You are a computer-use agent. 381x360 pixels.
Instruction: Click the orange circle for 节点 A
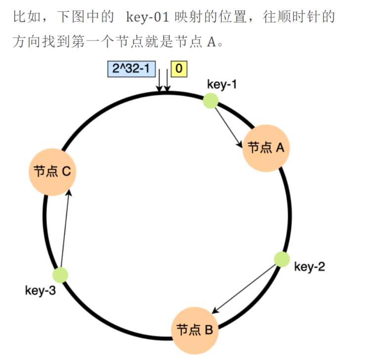click(265, 147)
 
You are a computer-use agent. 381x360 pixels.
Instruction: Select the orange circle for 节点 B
click(194, 330)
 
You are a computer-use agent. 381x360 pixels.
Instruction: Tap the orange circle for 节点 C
click(52, 172)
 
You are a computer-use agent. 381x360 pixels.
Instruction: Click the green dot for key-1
click(211, 101)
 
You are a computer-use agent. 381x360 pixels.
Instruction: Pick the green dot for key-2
click(282, 259)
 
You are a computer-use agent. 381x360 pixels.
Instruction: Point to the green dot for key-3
click(60, 275)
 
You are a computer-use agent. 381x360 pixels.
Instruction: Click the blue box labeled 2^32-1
click(130, 69)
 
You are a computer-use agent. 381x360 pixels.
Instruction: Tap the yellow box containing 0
click(178, 69)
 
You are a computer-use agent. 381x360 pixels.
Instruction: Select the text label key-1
click(222, 84)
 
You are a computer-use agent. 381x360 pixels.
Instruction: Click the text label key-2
click(309, 267)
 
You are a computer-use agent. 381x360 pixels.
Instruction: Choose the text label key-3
click(41, 290)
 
